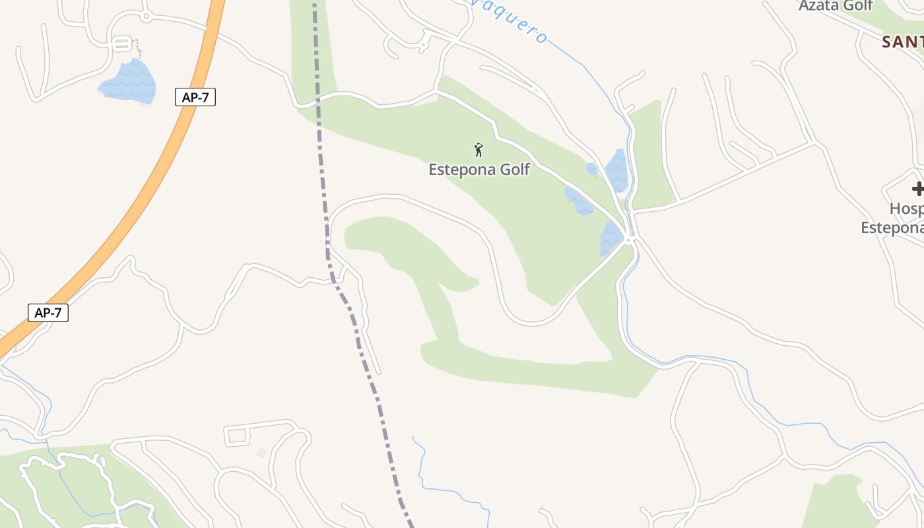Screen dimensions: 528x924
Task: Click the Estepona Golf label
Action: point(479,169)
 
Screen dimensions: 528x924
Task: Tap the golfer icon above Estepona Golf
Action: point(479,150)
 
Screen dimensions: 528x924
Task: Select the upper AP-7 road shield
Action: point(195,97)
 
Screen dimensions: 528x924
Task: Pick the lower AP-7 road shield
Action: point(48,312)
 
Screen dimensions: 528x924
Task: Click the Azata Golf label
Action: point(836,6)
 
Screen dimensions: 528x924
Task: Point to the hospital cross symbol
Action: point(917,189)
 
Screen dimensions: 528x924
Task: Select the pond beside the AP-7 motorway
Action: point(129,82)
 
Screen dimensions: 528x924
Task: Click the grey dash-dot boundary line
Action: point(325,198)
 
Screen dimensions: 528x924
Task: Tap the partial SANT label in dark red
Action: point(903,42)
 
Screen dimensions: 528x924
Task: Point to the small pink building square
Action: point(261,452)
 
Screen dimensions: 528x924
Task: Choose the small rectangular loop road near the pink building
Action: point(237,436)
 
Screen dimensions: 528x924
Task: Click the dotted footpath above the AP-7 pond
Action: point(137,48)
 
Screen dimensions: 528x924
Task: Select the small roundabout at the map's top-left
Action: point(146,16)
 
